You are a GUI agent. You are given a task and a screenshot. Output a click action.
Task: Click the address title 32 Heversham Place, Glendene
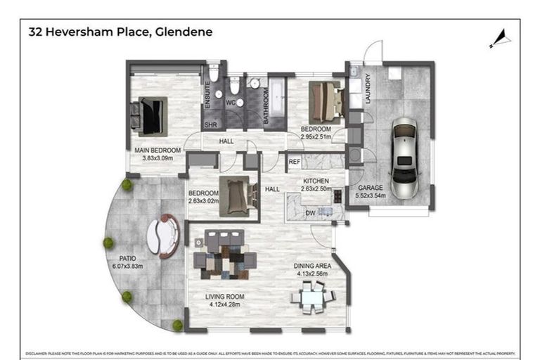(120, 32)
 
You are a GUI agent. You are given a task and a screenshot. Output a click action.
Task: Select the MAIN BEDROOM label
(158, 150)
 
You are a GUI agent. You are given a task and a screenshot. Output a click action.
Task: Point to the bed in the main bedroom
(151, 115)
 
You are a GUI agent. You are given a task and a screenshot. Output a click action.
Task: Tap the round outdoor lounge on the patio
(163, 236)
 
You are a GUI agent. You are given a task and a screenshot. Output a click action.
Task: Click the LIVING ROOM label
(224, 297)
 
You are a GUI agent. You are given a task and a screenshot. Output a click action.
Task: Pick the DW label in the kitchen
(309, 212)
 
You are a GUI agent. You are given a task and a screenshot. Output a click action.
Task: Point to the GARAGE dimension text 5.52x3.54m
(371, 195)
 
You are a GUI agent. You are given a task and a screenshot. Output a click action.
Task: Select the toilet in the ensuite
(214, 74)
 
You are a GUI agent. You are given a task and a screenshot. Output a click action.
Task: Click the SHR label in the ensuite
(210, 125)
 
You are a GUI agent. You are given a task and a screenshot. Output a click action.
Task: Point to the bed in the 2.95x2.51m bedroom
(326, 102)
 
